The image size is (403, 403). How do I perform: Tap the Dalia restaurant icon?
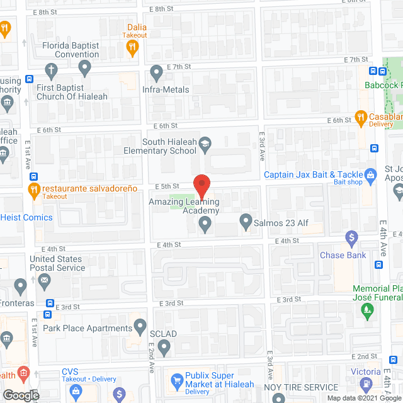pyautogui.click(x=132, y=50)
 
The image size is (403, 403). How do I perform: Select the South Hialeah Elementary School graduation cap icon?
pyautogui.click(x=205, y=146)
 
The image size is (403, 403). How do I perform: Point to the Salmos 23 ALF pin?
pyautogui.click(x=246, y=222)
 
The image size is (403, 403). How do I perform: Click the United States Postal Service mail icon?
pyautogui.click(x=44, y=285)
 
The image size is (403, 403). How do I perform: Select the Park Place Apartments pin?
pyautogui.click(x=140, y=328)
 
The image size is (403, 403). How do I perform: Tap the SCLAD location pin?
pyautogui.click(x=164, y=347)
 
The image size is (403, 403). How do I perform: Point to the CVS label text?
pyautogui.click(x=70, y=372)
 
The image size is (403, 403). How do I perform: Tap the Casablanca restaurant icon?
pyautogui.click(x=361, y=116)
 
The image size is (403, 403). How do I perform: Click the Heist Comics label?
pyautogui.click(x=29, y=217)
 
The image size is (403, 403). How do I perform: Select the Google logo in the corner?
pyautogui.click(x=20, y=395)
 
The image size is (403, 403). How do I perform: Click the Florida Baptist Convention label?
pyautogui.click(x=71, y=50)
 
